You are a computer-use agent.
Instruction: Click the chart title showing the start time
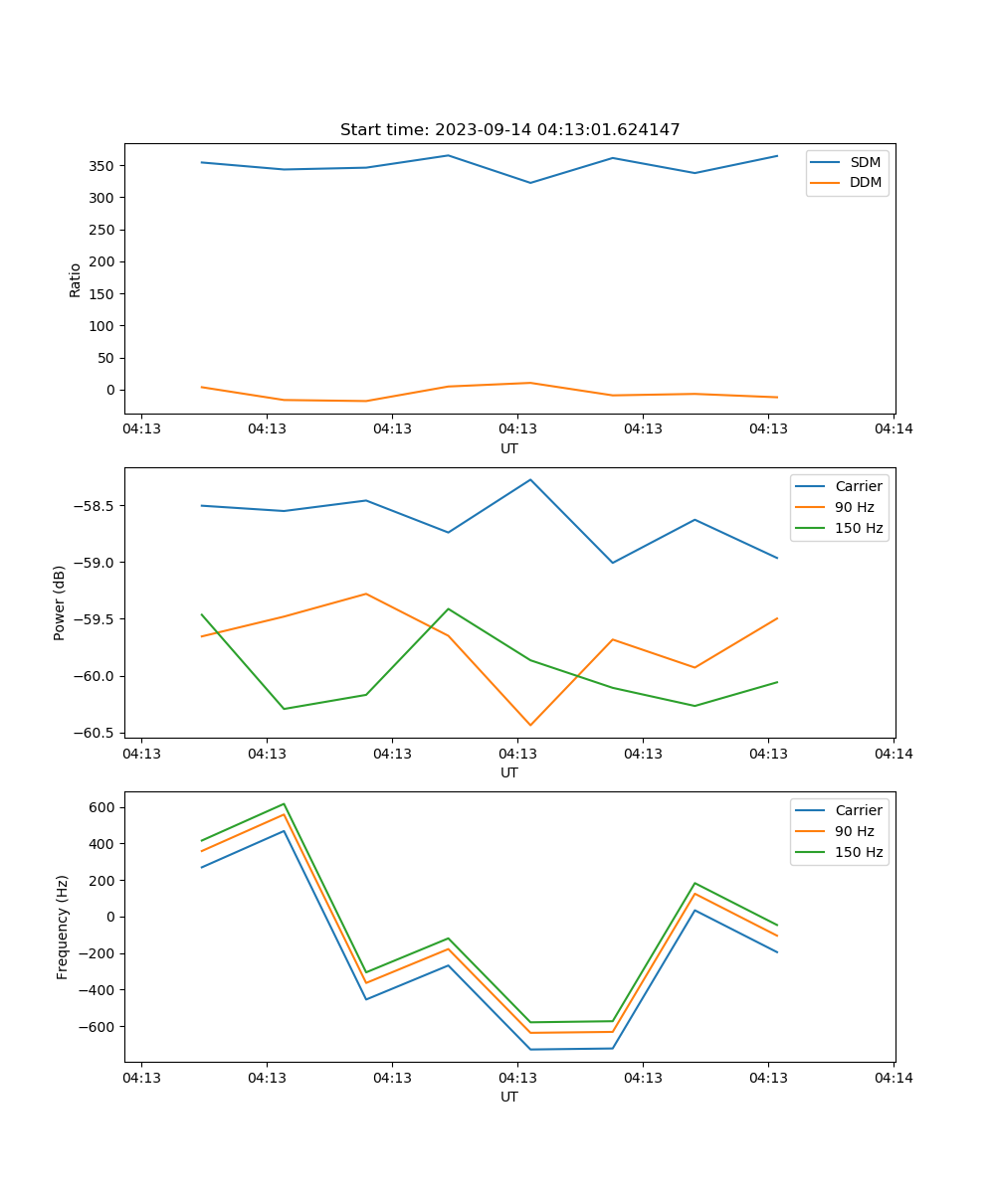tap(509, 130)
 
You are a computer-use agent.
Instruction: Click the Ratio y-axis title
tap(76, 280)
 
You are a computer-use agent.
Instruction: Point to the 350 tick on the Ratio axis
tap(104, 166)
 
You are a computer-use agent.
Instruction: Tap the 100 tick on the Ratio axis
tap(104, 326)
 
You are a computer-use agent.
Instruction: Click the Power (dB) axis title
tap(60, 602)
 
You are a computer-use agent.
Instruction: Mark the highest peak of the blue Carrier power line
tap(530, 479)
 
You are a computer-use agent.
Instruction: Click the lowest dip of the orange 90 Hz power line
tap(530, 725)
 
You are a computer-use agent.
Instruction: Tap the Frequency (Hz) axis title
tap(63, 927)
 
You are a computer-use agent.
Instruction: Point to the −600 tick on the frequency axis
tap(100, 1027)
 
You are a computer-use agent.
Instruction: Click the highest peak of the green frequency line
tap(285, 803)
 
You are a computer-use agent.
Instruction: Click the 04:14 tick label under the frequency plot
tap(894, 1077)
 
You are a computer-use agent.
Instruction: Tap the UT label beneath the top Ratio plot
tap(509, 448)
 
